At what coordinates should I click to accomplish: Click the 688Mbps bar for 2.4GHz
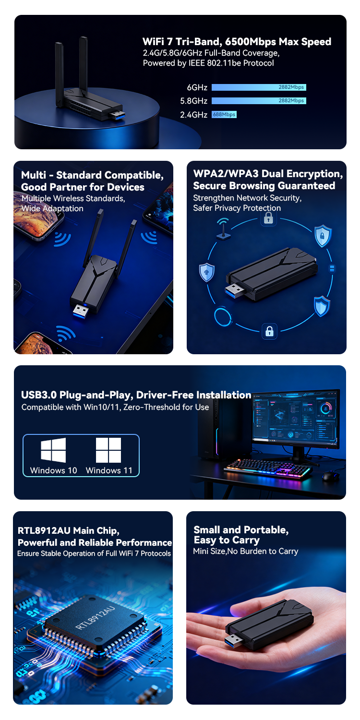coord(224,114)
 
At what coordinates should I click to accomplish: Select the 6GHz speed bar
coord(259,87)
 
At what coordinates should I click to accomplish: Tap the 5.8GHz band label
coord(193,101)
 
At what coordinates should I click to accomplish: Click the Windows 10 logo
coord(53,450)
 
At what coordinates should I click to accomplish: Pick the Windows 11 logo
coord(108,450)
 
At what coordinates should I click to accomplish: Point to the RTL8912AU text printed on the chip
coord(95,617)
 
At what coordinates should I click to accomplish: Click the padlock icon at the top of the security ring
coord(268,218)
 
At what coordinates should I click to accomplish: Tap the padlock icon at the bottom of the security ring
coord(269,331)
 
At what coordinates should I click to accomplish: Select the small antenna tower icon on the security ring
coord(223,229)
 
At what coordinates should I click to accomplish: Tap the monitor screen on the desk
coord(295,418)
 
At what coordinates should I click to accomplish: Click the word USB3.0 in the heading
coord(39,395)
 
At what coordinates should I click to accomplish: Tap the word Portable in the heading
coord(264,530)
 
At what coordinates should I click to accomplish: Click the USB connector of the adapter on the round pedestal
coord(118,115)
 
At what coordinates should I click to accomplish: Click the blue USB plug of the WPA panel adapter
coord(235,290)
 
